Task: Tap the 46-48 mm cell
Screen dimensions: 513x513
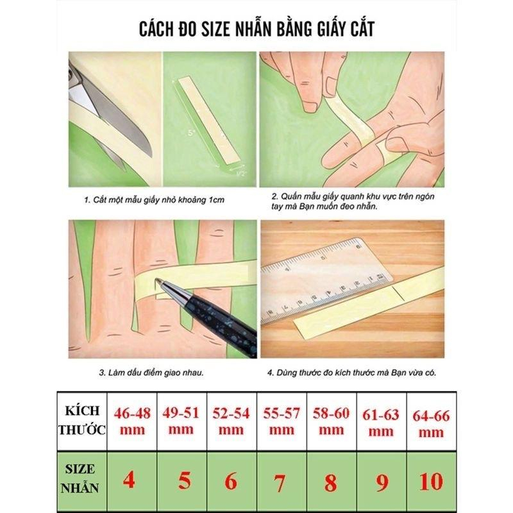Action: coord(132,421)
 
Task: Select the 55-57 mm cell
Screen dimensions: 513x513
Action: coord(282,421)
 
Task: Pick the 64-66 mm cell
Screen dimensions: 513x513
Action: coord(431,422)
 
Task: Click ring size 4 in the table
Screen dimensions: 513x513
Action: coord(130,480)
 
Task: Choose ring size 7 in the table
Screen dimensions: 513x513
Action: coord(279,482)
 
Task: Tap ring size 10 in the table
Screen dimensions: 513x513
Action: coord(431,482)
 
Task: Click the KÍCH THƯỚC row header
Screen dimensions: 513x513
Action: coord(82,421)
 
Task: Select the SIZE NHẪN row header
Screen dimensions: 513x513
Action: coord(80,478)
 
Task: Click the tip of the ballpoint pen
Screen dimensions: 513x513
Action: coord(156,280)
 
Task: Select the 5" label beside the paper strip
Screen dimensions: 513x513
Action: coord(191,133)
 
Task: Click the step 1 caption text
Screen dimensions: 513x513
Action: coord(154,200)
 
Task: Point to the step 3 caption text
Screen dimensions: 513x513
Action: coord(151,373)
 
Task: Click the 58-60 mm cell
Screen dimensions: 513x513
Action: coord(331,421)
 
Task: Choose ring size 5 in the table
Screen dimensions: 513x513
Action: coord(185,480)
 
